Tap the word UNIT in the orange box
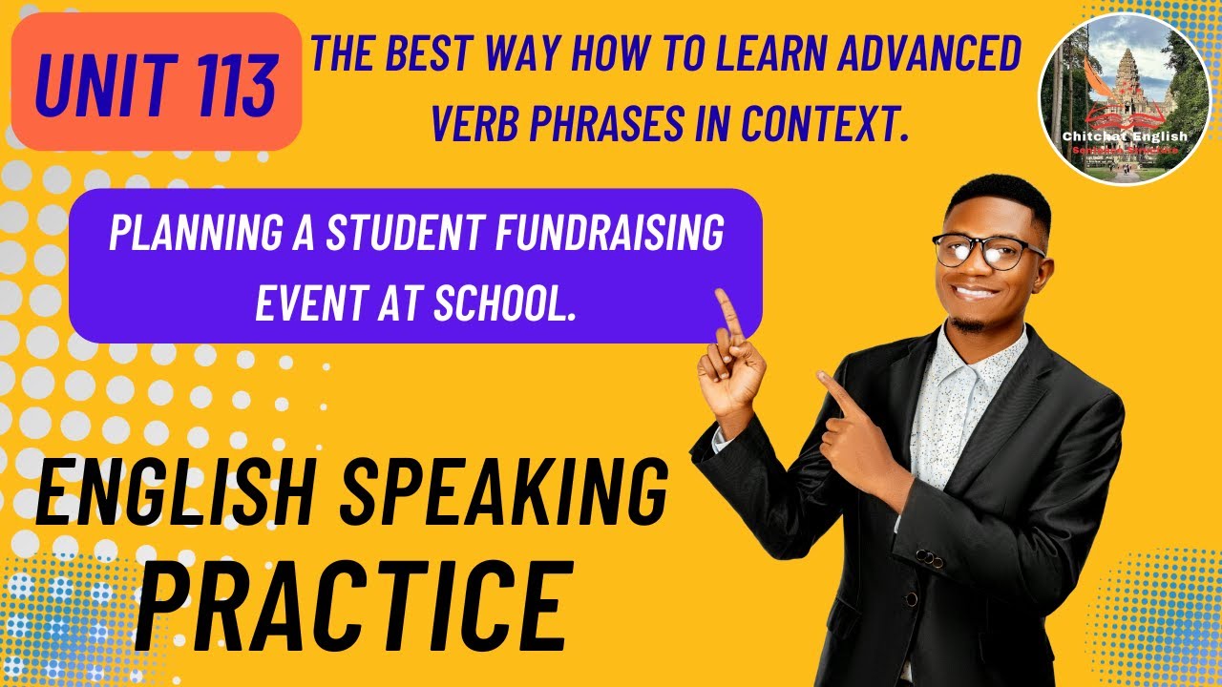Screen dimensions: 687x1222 pos(107,84)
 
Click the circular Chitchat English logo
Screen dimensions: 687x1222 pos(1124,99)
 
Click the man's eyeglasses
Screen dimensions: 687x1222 pos(986,252)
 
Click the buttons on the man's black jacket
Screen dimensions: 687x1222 pos(923,559)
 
